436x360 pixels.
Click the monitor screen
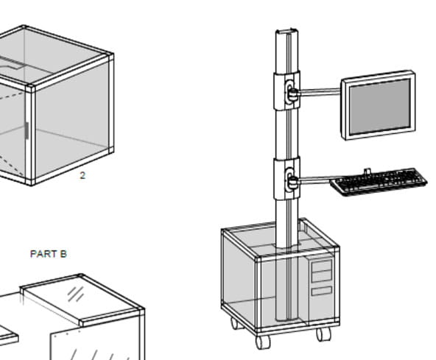[x=380, y=107]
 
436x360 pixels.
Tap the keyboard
[x=379, y=181]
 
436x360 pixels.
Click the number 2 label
[x=82, y=175]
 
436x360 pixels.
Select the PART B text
[x=49, y=254]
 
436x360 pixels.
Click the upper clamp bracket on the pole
[x=286, y=91]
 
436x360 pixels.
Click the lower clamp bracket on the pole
[x=286, y=178]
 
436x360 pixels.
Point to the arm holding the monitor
[x=320, y=92]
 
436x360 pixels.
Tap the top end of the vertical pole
[x=287, y=31]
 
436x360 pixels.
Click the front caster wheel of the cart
[x=262, y=342]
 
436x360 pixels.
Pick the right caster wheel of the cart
[x=323, y=333]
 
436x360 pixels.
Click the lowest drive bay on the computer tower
[x=322, y=291]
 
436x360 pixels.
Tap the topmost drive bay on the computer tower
[x=322, y=266]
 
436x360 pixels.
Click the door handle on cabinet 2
[x=27, y=130]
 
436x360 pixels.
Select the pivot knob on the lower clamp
[x=292, y=182]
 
